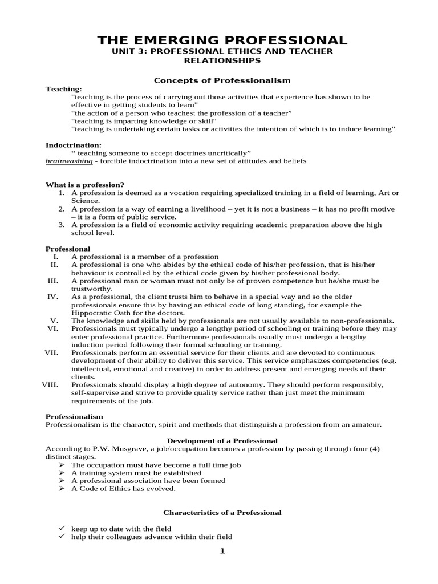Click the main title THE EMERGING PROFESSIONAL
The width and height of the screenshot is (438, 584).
(222, 40)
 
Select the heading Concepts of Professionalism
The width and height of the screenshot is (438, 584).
(223, 80)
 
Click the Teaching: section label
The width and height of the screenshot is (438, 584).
(63, 89)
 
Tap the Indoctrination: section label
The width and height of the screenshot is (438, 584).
(73, 145)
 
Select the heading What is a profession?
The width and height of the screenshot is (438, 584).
(84, 185)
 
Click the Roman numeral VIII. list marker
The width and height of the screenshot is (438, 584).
(50, 384)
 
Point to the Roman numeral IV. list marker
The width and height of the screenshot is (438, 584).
(52, 297)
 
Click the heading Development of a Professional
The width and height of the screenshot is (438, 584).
(222, 440)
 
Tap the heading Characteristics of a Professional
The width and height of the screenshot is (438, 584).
(222, 513)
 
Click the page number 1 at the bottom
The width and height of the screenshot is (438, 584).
(222, 550)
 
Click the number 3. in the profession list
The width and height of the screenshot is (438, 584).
(61, 225)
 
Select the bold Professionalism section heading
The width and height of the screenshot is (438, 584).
(74, 417)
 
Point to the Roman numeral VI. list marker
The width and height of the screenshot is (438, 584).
(52, 328)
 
